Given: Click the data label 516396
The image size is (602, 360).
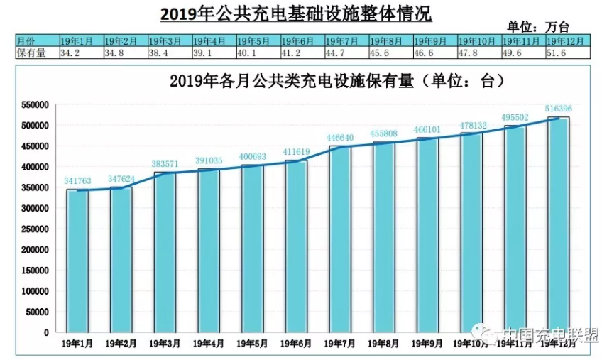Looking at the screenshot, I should click(557, 108).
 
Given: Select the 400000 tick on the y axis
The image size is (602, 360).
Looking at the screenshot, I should click(33, 167).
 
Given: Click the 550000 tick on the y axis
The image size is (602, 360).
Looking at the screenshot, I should click(33, 104).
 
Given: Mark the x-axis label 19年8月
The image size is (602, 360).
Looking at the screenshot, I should click(383, 344).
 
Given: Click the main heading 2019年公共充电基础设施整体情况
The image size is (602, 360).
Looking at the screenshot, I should click(296, 12).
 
